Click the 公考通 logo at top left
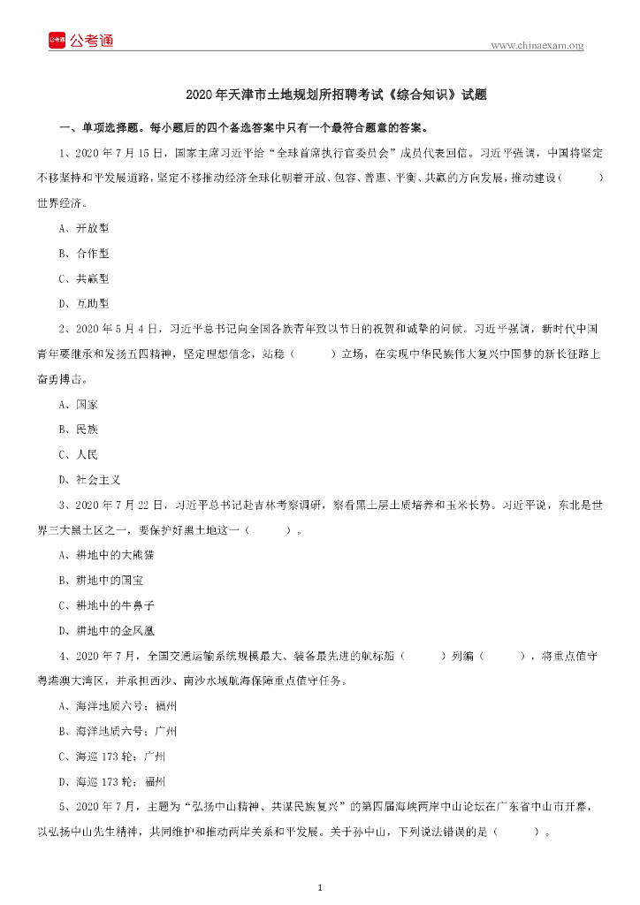(x=81, y=40)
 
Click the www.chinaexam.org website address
(x=537, y=45)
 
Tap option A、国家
(x=79, y=404)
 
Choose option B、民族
(x=79, y=430)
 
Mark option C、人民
(x=79, y=454)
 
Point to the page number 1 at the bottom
(x=320, y=886)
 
